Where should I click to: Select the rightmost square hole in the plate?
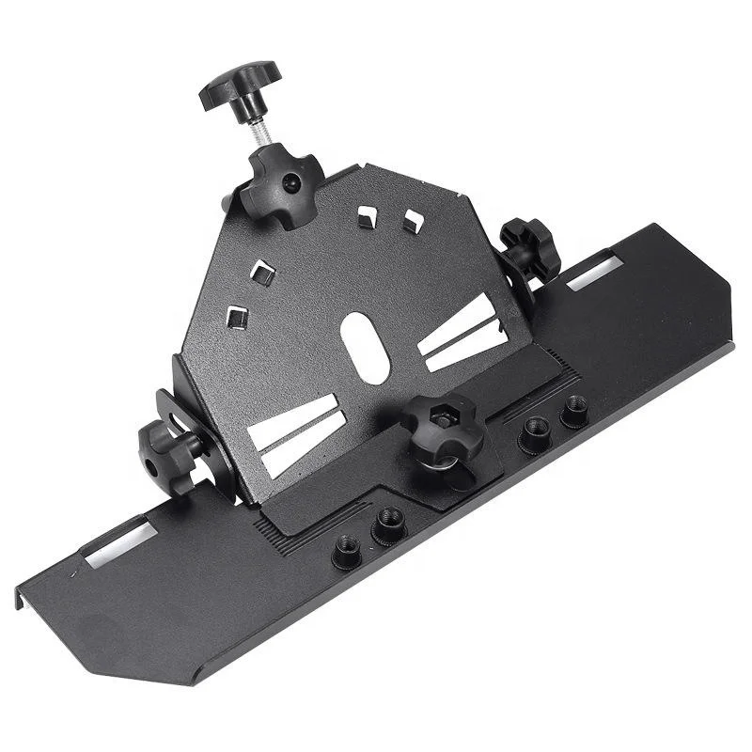[413, 222]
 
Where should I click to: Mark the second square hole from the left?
[264, 274]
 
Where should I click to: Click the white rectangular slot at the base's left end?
[120, 542]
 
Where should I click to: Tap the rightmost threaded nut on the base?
[573, 409]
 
